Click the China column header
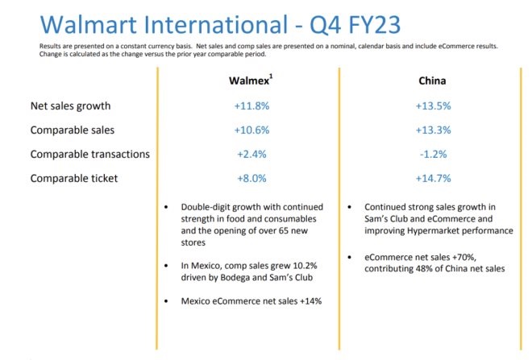click(432, 81)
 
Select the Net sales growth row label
click(70, 106)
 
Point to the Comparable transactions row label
click(89, 154)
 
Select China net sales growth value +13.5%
click(433, 106)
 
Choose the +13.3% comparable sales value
click(433, 130)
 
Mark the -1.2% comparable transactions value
click(433, 154)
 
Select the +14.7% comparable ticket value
click(433, 178)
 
